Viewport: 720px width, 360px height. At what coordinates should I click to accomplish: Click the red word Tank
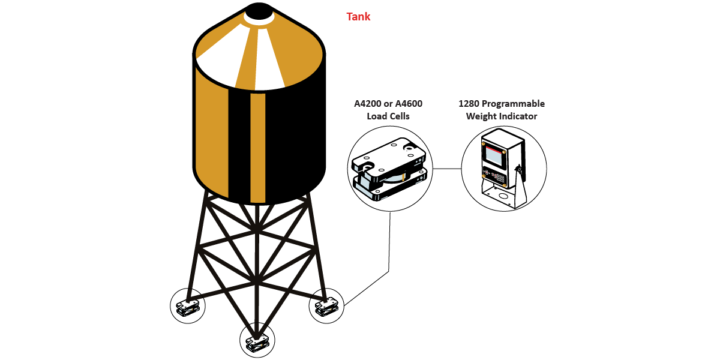pos(358,16)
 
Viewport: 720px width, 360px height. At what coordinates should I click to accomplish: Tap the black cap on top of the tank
pos(260,11)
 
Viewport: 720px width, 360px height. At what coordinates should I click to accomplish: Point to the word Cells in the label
pos(397,116)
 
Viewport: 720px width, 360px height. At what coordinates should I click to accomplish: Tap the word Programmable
pos(515,104)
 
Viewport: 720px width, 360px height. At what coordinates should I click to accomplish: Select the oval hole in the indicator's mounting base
pos(503,196)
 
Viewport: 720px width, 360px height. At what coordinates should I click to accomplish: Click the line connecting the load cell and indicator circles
pos(446,169)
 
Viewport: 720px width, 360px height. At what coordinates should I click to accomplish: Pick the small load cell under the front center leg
pos(257,342)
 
